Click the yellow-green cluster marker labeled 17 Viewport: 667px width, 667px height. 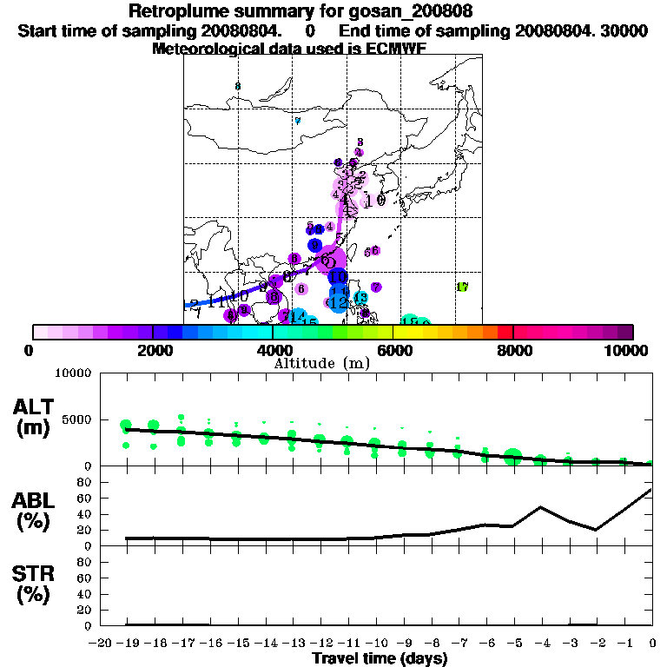pyautogui.click(x=462, y=287)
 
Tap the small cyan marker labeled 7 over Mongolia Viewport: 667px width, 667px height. pyautogui.click(x=297, y=121)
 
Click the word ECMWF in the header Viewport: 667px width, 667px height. pyautogui.click(x=396, y=50)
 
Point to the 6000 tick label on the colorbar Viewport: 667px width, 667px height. pyautogui.click(x=393, y=350)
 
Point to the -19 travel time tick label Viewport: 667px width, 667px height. pyautogui.click(x=127, y=644)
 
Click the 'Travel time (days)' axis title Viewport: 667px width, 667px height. pyautogui.click(x=380, y=659)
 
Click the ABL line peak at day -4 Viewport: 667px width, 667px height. pyautogui.click(x=540, y=506)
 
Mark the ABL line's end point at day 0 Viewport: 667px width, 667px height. pyautogui.click(x=651, y=490)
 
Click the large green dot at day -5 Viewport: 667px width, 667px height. pyautogui.click(x=512, y=457)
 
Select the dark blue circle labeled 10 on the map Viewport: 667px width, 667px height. pyautogui.click(x=339, y=276)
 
